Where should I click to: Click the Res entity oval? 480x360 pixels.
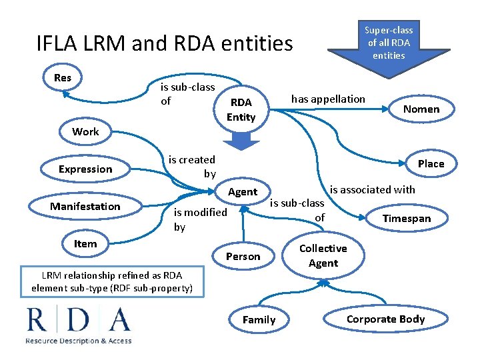click(62, 78)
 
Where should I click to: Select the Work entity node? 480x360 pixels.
click(85, 131)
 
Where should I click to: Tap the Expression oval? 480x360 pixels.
click(85, 169)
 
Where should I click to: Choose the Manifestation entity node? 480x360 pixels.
click(85, 206)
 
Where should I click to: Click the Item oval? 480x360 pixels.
click(85, 243)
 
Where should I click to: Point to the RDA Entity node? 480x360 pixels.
click(241, 109)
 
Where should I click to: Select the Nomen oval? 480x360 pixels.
click(421, 109)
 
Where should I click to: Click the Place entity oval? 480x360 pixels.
click(431, 163)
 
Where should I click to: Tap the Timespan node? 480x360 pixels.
click(407, 219)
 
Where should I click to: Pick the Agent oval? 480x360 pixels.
click(243, 192)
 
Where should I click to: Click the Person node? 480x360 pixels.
click(243, 256)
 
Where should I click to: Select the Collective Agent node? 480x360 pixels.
click(323, 255)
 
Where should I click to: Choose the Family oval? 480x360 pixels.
click(259, 319)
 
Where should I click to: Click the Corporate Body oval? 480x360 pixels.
click(385, 319)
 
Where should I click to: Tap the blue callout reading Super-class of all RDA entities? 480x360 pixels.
click(388, 41)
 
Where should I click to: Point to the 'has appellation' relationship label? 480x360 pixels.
click(328, 99)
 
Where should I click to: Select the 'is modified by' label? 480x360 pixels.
click(200, 219)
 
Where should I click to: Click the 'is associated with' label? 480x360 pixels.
click(373, 189)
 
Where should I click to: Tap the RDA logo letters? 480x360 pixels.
click(79, 320)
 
